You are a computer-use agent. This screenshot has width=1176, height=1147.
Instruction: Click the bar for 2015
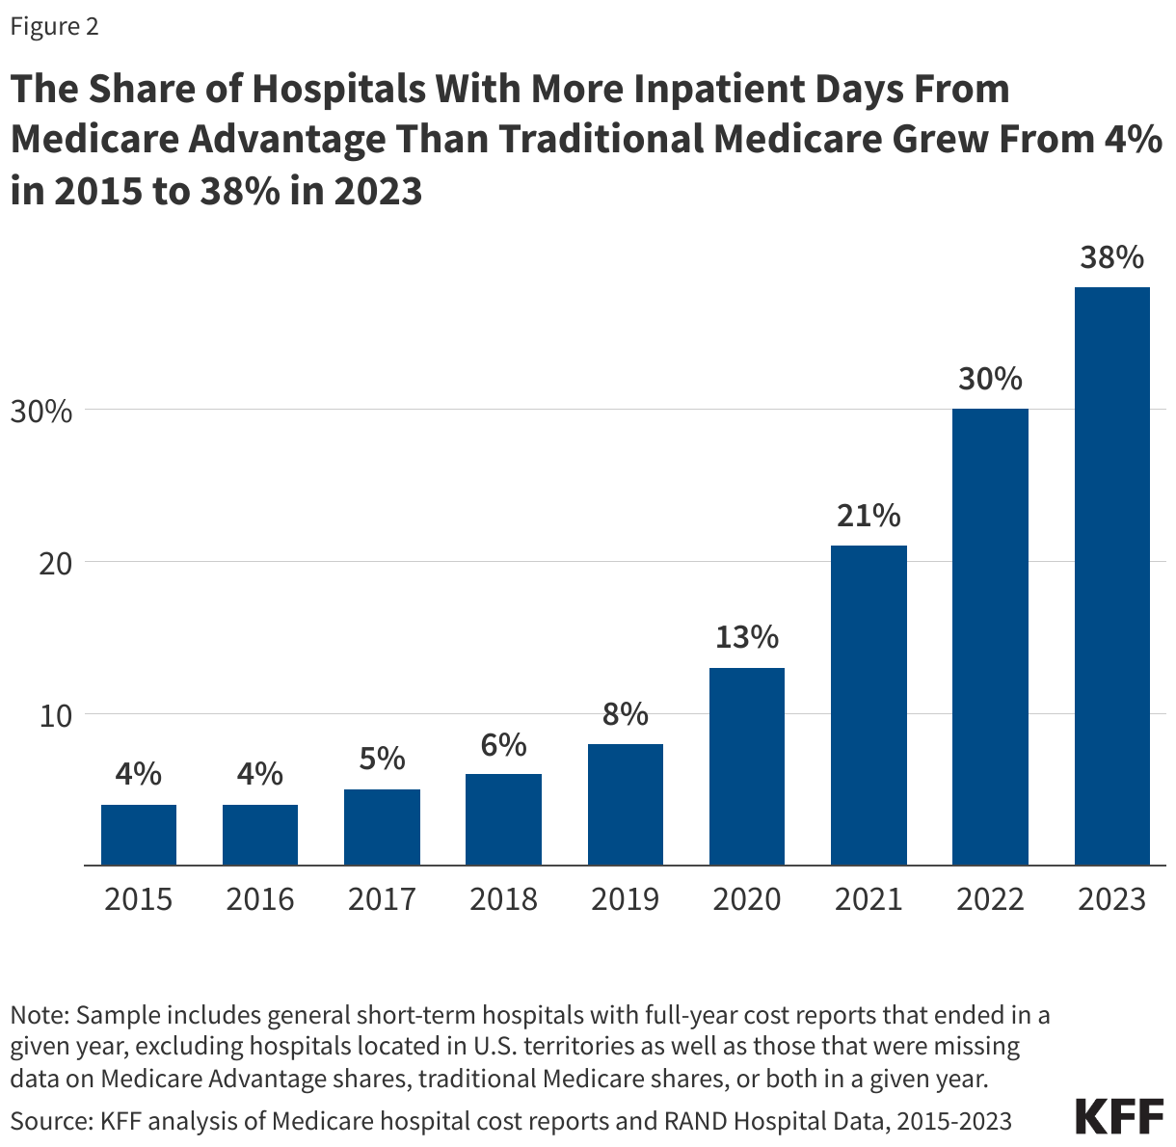[139, 835]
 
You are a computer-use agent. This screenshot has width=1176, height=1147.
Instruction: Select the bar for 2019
[626, 805]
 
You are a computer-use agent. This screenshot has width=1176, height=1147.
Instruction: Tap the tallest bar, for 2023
[1111, 576]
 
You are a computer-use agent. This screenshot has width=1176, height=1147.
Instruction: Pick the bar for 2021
[869, 706]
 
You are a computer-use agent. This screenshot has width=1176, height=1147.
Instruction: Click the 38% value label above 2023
[1111, 258]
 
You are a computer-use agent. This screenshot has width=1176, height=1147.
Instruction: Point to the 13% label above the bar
[746, 637]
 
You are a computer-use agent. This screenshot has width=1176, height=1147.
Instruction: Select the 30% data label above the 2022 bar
[990, 379]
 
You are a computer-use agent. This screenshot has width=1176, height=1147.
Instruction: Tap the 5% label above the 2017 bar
[382, 759]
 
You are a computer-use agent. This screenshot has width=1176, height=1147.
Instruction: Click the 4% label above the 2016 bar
[260, 774]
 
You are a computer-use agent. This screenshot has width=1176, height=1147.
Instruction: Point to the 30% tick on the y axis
[40, 411]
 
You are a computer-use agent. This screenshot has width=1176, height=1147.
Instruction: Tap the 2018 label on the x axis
[503, 899]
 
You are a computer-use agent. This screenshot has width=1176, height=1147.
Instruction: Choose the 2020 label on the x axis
[746, 899]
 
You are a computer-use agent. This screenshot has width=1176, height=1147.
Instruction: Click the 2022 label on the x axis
[990, 899]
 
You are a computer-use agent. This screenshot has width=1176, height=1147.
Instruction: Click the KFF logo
[1118, 1116]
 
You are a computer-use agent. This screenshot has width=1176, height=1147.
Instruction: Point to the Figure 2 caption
[54, 27]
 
